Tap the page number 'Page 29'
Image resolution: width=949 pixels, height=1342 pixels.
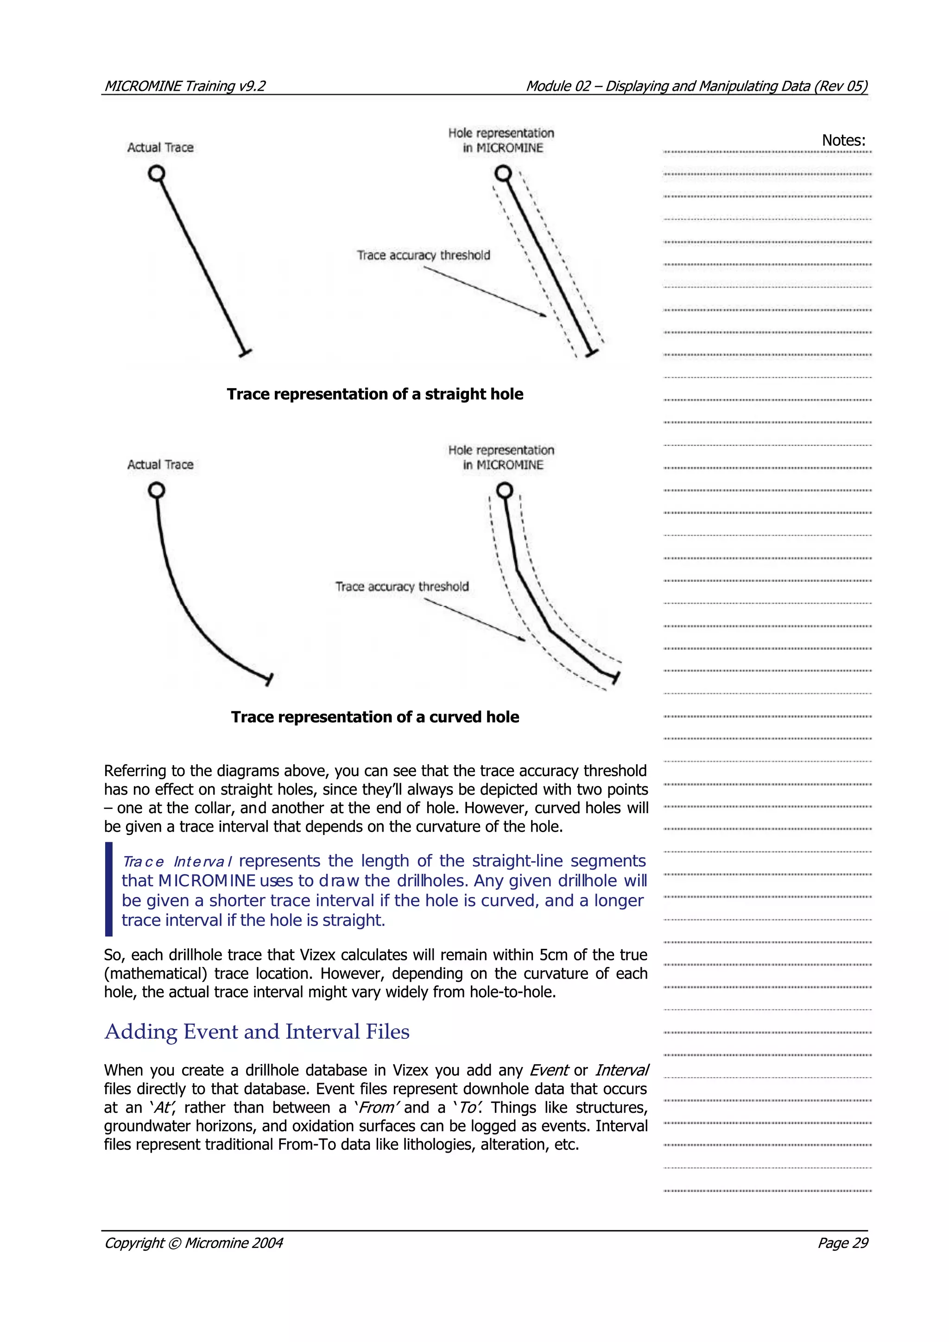click(x=842, y=1242)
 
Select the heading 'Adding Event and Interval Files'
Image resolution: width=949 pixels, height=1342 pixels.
click(x=257, y=1032)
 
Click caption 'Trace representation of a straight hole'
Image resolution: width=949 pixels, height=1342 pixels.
click(x=375, y=394)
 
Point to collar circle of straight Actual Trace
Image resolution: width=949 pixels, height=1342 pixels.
click(x=156, y=174)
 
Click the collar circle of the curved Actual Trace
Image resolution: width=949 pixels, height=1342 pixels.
click(x=156, y=490)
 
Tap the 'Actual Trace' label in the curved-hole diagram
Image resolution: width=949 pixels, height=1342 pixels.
click(x=160, y=464)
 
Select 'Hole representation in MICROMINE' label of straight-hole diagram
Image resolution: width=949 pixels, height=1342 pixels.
click(x=501, y=140)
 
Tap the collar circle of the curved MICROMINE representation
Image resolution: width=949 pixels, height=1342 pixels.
click(x=505, y=490)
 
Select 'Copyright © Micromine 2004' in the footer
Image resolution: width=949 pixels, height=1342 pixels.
click(x=193, y=1242)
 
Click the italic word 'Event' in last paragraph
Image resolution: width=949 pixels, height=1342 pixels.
click(x=549, y=1070)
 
